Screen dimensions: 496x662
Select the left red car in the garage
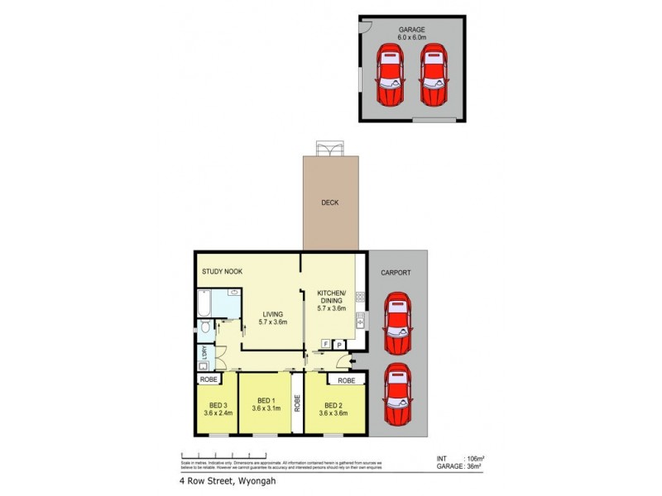[391, 74]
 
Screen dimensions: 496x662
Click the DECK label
[330, 203]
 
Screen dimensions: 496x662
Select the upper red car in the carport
[397, 325]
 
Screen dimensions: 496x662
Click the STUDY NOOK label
[223, 271]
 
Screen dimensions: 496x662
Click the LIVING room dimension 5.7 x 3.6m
[273, 322]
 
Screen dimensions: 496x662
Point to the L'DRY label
[203, 355]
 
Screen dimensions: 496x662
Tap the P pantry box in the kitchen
[338, 343]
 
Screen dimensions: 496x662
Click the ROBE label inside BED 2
[346, 381]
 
